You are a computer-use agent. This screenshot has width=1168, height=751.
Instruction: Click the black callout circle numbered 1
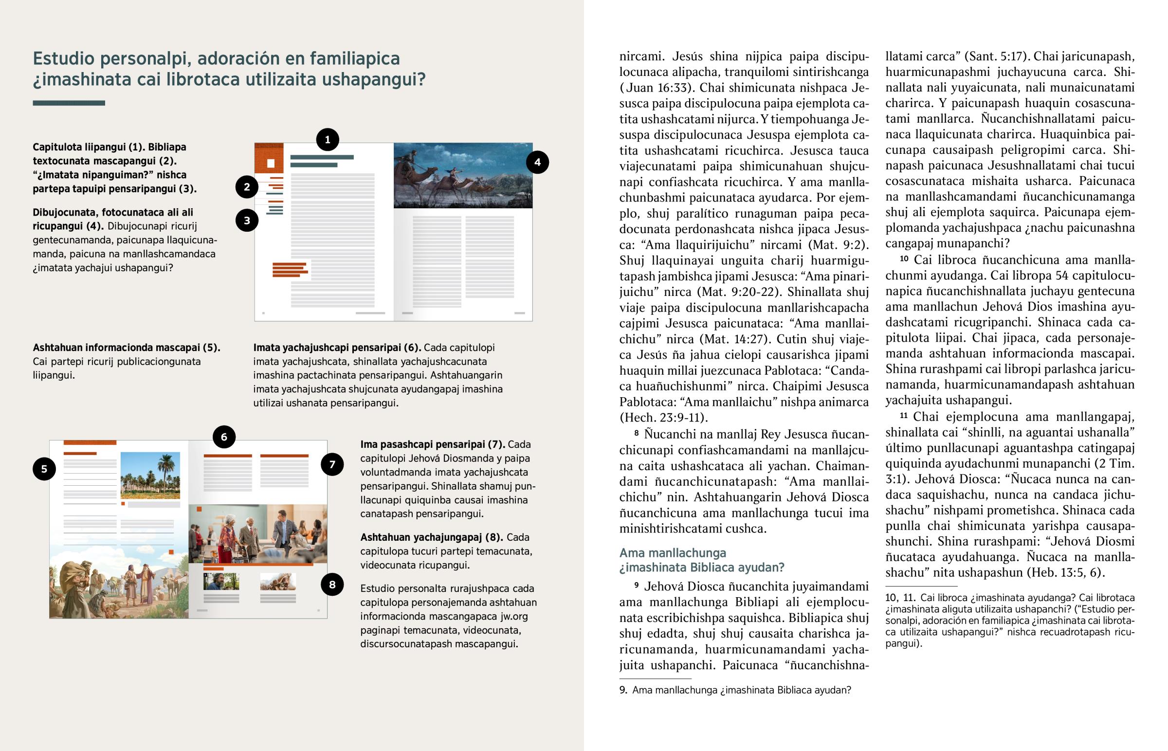(328, 140)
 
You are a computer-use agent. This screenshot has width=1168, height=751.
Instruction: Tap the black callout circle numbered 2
(247, 187)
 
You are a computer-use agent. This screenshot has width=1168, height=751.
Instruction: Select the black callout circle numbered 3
(247, 220)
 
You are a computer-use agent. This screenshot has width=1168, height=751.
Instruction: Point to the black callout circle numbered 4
(537, 163)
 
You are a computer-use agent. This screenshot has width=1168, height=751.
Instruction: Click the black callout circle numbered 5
(44, 469)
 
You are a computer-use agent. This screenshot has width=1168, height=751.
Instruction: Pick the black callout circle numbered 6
(224, 437)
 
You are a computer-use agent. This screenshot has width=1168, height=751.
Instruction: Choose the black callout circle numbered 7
(332, 464)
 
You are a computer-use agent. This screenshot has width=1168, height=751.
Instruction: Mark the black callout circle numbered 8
(332, 585)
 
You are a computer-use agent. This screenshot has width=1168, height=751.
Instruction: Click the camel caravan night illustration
(463, 176)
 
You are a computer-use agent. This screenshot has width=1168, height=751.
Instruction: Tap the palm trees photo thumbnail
(150, 475)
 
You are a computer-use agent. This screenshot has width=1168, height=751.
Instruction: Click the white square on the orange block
(271, 164)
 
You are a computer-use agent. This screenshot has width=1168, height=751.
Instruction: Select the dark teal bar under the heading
(69, 103)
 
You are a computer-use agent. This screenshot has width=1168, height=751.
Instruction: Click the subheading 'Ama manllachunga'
(672, 553)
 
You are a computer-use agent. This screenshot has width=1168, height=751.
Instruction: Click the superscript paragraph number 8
(636, 433)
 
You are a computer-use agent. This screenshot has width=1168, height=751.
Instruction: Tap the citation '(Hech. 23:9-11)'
(663, 418)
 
